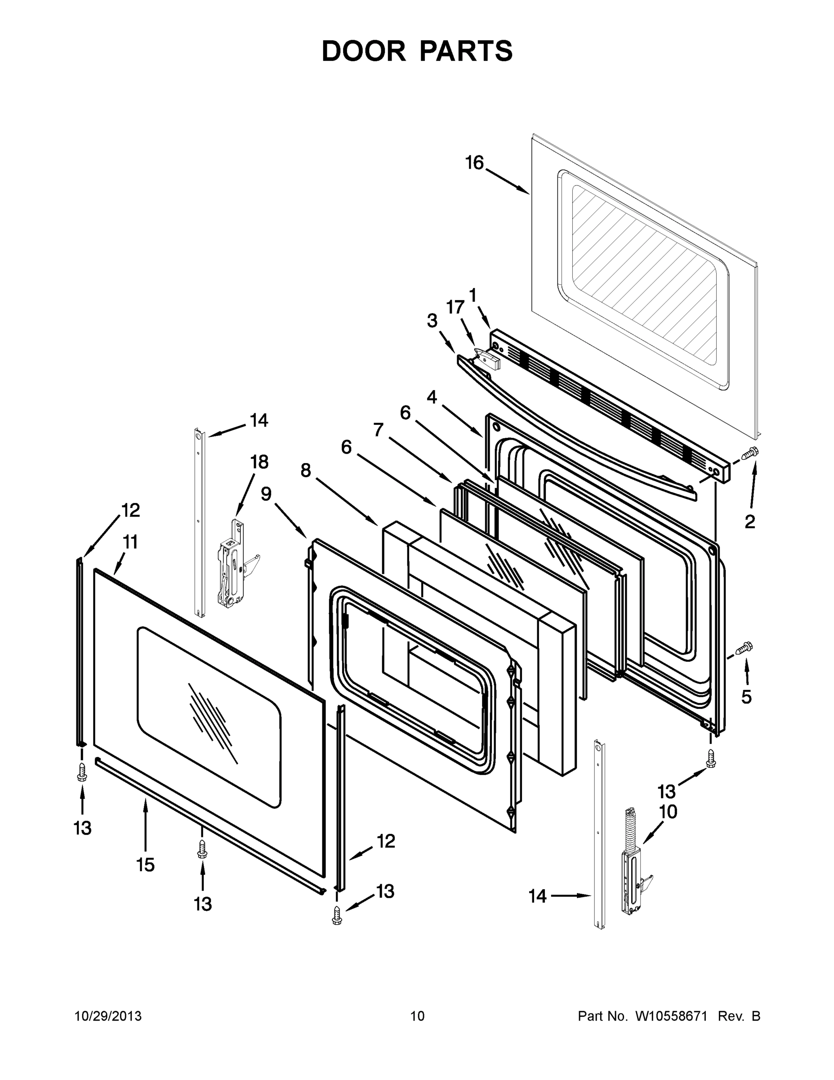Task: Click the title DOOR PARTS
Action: [417, 51]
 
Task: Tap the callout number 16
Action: [474, 163]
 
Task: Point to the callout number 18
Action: [259, 462]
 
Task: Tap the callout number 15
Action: [146, 865]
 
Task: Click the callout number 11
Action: [129, 542]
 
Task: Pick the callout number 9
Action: [266, 494]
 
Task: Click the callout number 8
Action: [306, 470]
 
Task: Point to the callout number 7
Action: [379, 430]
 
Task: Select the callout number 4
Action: [432, 396]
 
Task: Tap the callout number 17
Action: [455, 307]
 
